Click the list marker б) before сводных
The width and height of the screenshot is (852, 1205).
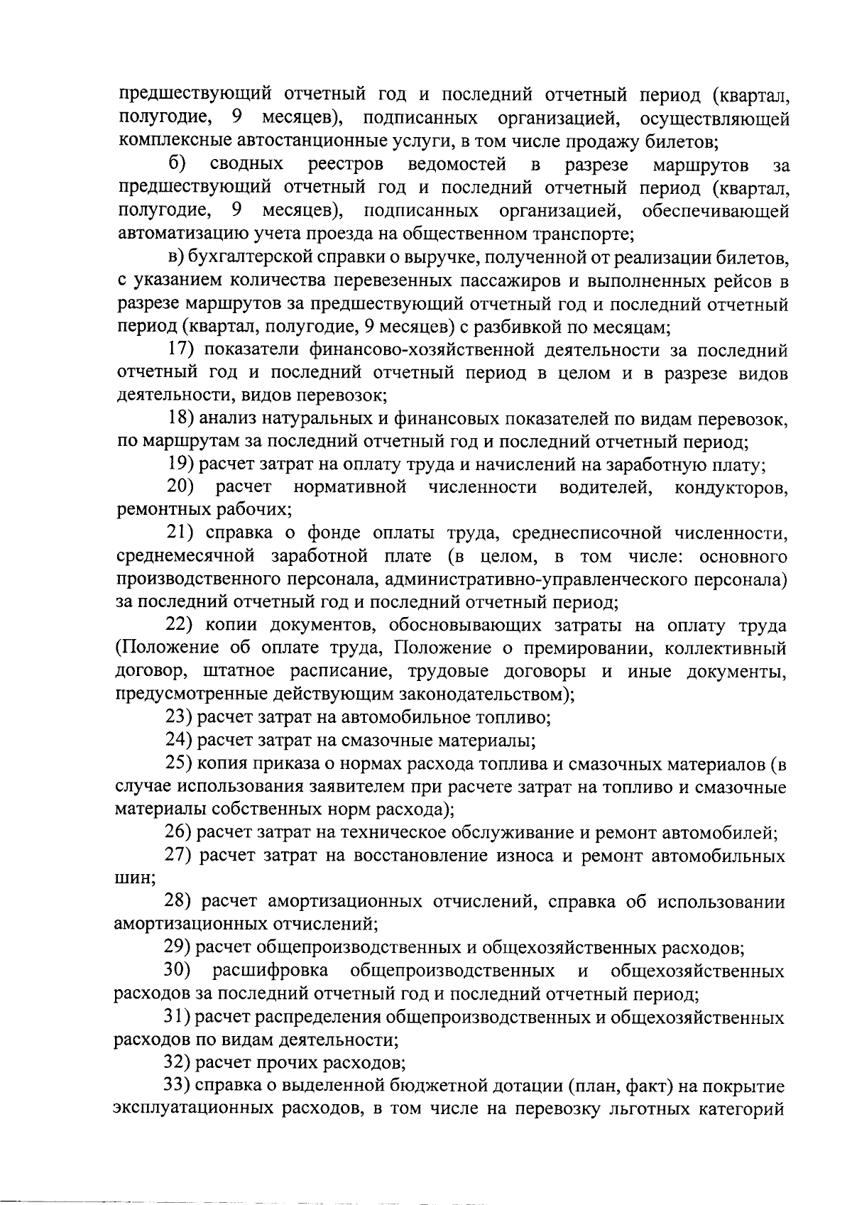pyautogui.click(x=177, y=165)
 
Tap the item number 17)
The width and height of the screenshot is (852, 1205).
pyautogui.click(x=182, y=350)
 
